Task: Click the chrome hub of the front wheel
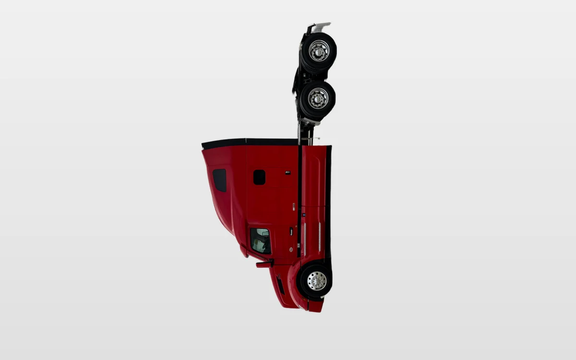pos(317,281)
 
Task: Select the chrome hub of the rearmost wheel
pos(319,50)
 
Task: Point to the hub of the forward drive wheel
pos(318,98)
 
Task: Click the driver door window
pos(261,240)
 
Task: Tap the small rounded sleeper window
pos(259,177)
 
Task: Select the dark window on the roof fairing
pos(220,180)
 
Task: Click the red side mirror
pos(264,264)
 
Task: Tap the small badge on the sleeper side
pos(288,172)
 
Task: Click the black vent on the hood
pos(280,285)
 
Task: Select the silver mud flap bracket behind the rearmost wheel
pos(319,26)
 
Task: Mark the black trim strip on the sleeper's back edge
pos(250,142)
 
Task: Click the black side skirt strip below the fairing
pos(328,202)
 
